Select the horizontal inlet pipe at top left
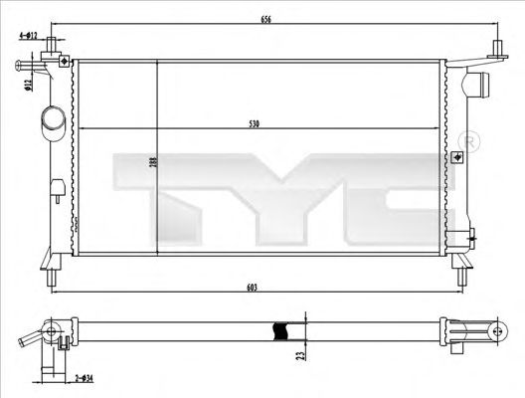click(x=30, y=67)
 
